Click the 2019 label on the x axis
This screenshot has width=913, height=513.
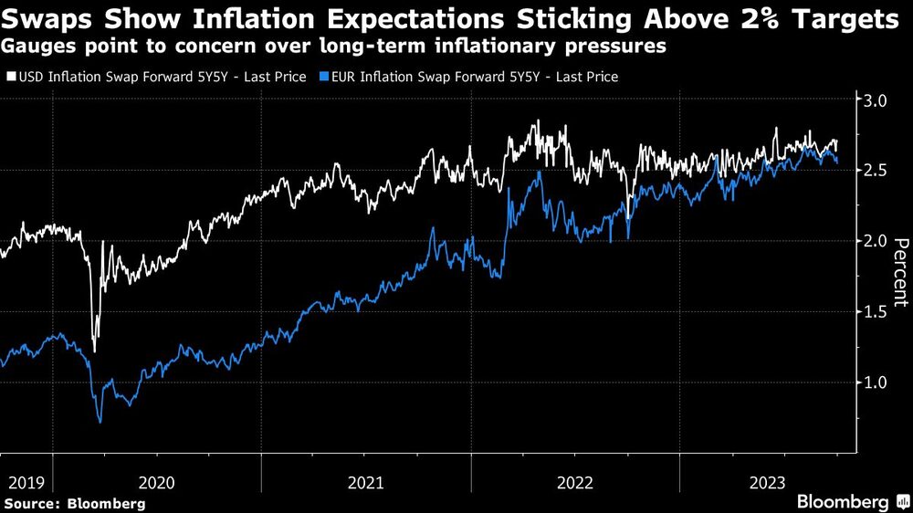25,482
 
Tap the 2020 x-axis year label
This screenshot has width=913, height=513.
158,482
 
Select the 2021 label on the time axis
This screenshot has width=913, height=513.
366,482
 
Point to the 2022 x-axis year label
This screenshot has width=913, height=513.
575,482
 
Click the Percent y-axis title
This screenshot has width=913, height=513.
899,271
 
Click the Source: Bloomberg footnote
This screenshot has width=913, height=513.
74,503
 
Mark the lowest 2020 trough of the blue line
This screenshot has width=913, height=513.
100,422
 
